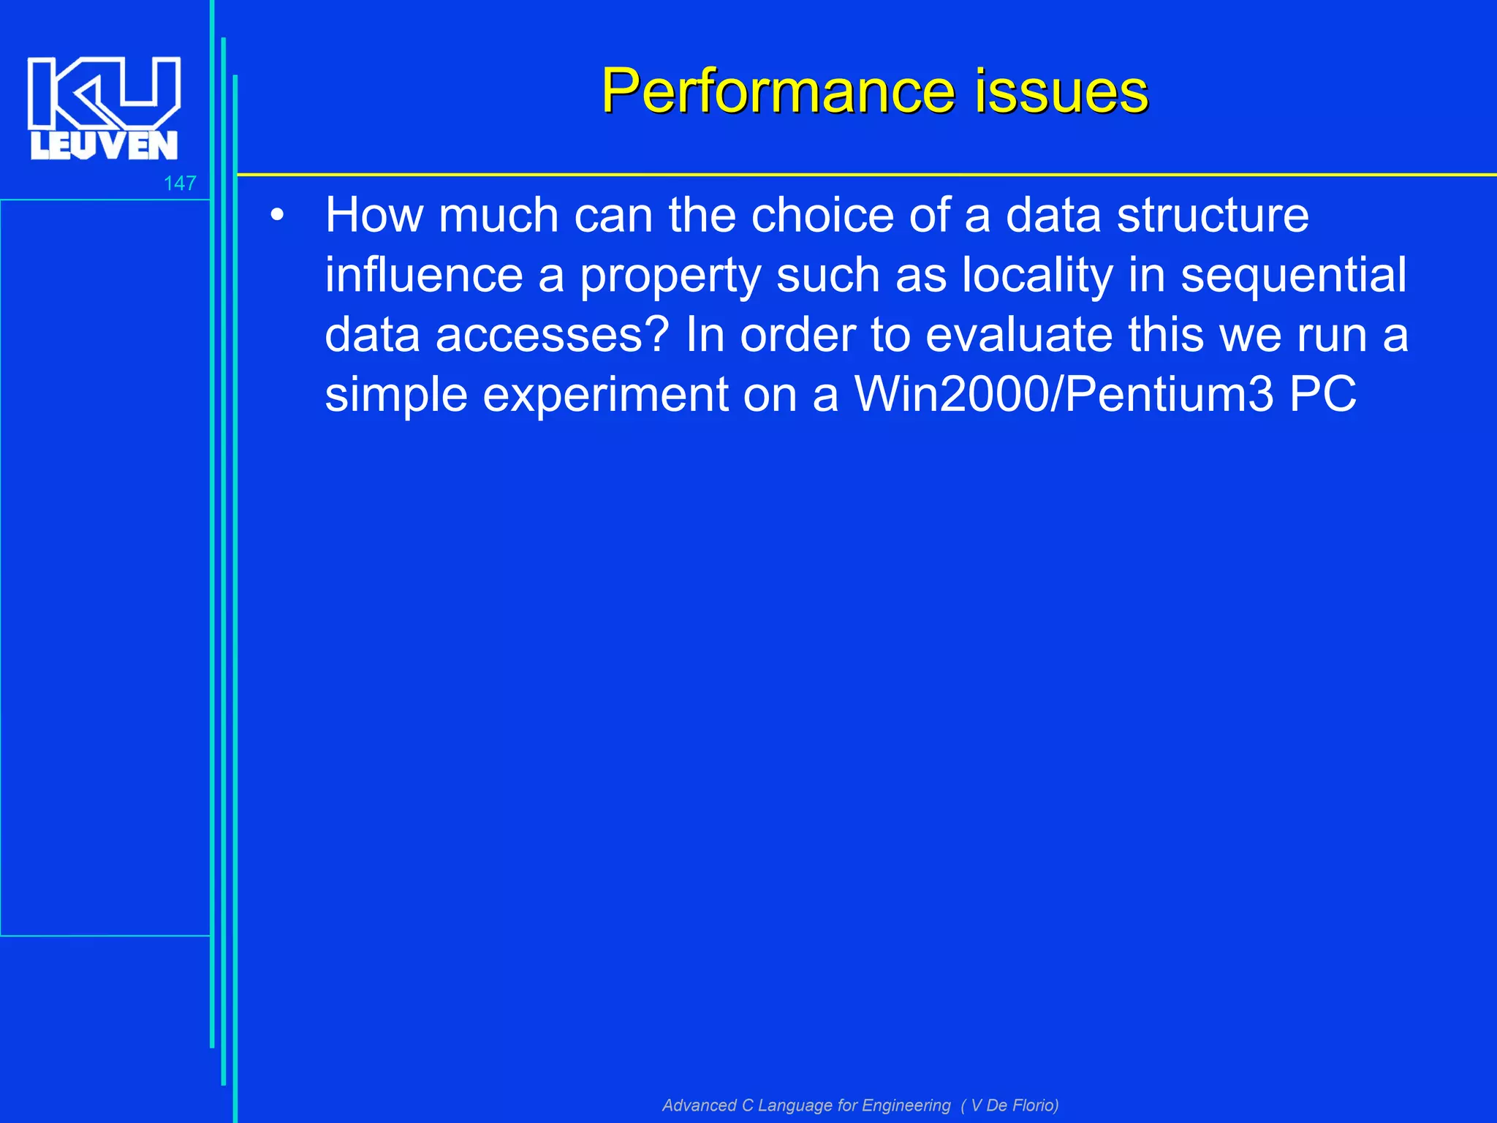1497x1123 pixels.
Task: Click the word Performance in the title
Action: [778, 91]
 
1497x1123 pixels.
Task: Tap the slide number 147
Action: [180, 184]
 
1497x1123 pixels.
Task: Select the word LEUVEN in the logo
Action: [104, 145]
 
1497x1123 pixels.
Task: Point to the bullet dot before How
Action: [276, 216]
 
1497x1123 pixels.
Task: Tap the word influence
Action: [423, 276]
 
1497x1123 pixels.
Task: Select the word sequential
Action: [1294, 276]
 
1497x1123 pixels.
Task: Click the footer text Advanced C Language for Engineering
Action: [806, 1105]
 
